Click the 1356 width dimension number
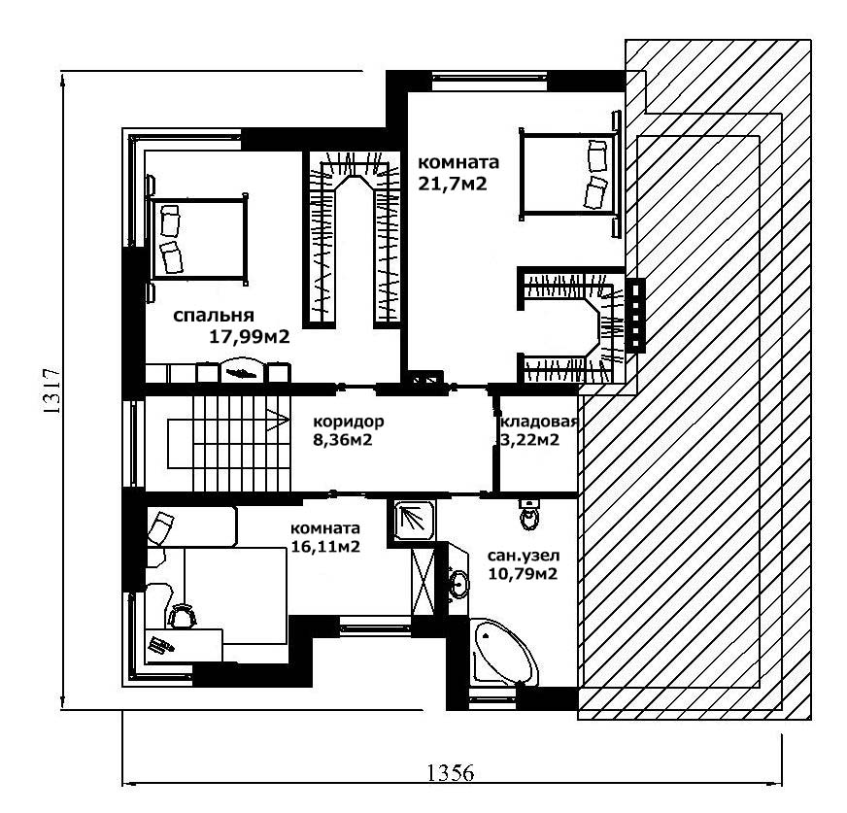tap(451, 773)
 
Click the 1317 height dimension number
tap(51, 391)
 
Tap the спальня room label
tap(214, 315)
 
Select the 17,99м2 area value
tap(250, 337)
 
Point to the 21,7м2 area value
tap(453, 184)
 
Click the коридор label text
tap(349, 421)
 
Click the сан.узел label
tap(524, 556)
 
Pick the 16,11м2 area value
tap(325, 546)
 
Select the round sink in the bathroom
tap(459, 585)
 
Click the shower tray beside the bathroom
tap(414, 521)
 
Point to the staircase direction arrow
tap(278, 421)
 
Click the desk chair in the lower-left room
tap(182, 616)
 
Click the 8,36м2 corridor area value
tap(343, 440)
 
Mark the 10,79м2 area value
tap(523, 574)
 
